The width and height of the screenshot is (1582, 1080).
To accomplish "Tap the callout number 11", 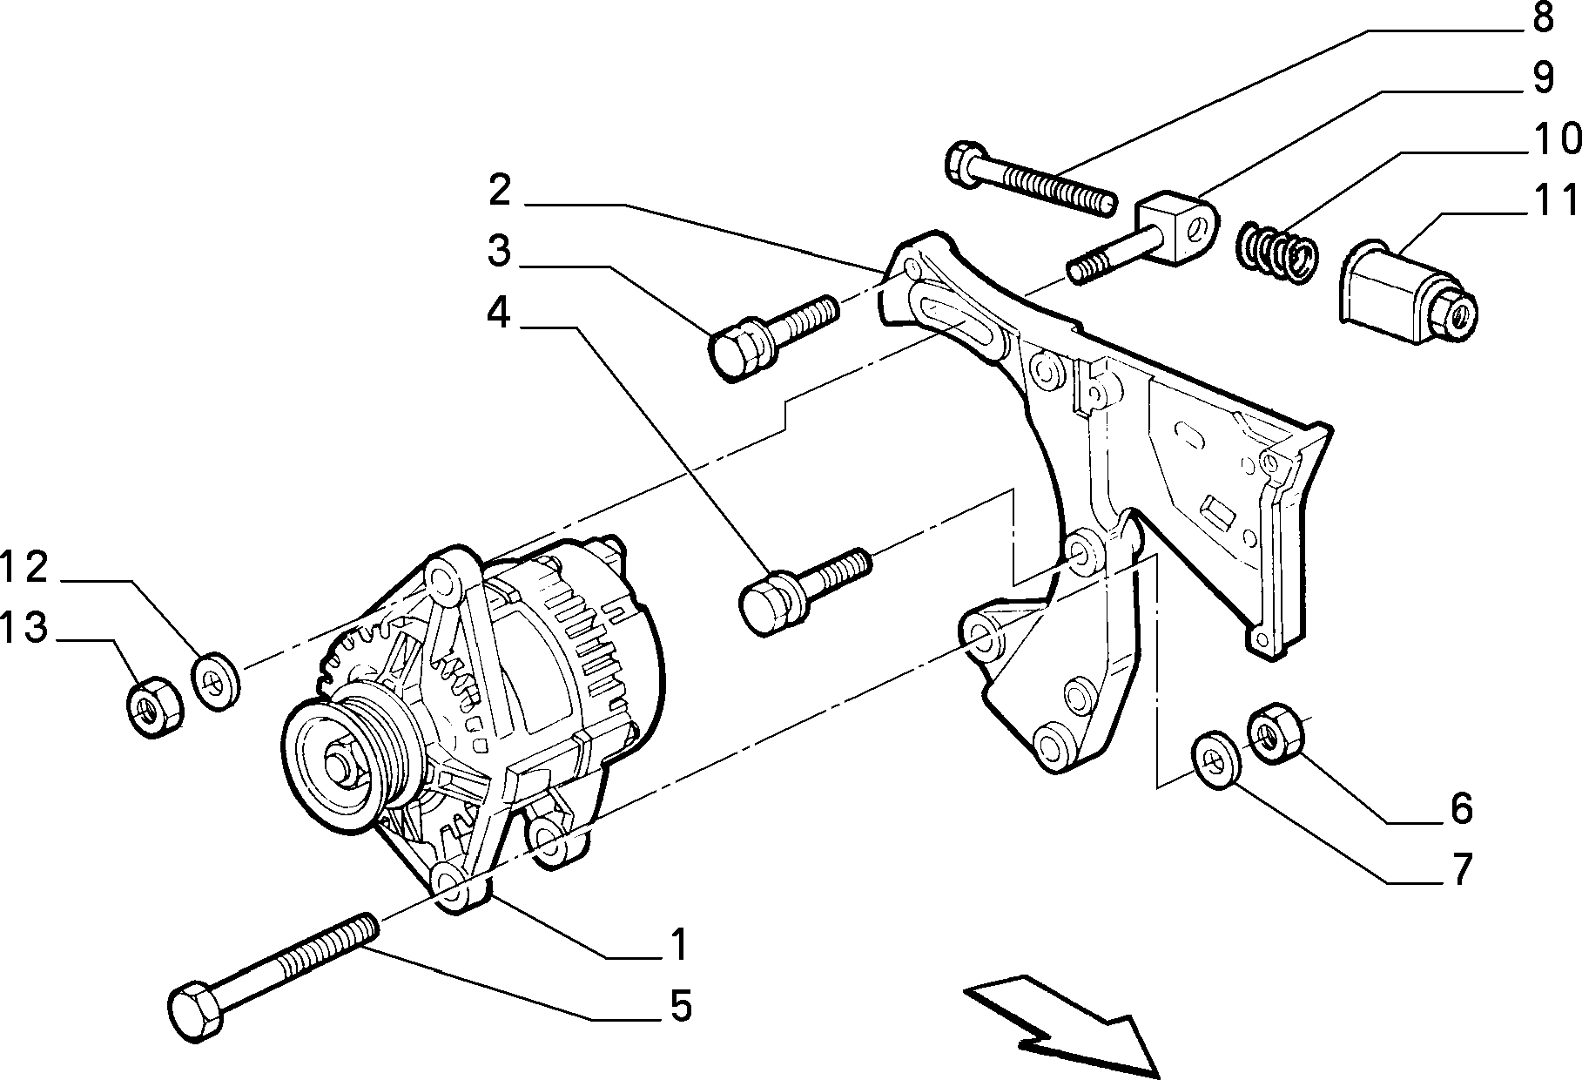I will coord(1553,200).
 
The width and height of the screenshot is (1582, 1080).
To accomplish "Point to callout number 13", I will coord(24,627).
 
